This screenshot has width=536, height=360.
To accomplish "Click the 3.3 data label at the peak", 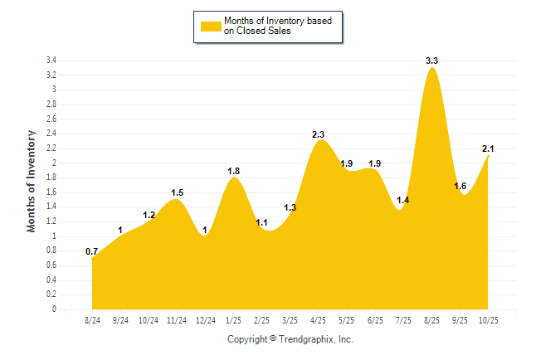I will [431, 61].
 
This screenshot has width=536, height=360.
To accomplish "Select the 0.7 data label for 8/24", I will [92, 251].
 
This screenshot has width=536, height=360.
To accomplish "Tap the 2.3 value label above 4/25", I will [319, 134].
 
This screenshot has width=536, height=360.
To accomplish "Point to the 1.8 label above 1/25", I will [234, 171].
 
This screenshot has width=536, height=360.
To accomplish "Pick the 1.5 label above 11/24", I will [177, 192].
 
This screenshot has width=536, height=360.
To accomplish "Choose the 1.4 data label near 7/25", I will [403, 200].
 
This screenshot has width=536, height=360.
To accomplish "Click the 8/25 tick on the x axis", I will [432, 319].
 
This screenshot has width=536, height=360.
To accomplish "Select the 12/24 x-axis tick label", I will [206, 319].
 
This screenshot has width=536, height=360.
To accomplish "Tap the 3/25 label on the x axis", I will [290, 319].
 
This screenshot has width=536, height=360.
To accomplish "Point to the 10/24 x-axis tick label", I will [149, 319].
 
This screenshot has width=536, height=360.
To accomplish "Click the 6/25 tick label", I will [375, 319].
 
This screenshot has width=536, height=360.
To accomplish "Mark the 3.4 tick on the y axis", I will [51, 61].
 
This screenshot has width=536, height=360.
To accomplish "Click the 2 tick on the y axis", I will [54, 163].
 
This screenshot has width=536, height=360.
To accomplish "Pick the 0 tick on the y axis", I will [54, 309].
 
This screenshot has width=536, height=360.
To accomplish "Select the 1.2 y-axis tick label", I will [51, 221].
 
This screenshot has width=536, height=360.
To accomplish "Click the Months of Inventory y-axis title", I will [32, 180].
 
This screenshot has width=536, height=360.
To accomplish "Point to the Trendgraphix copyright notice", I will [290, 339].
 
